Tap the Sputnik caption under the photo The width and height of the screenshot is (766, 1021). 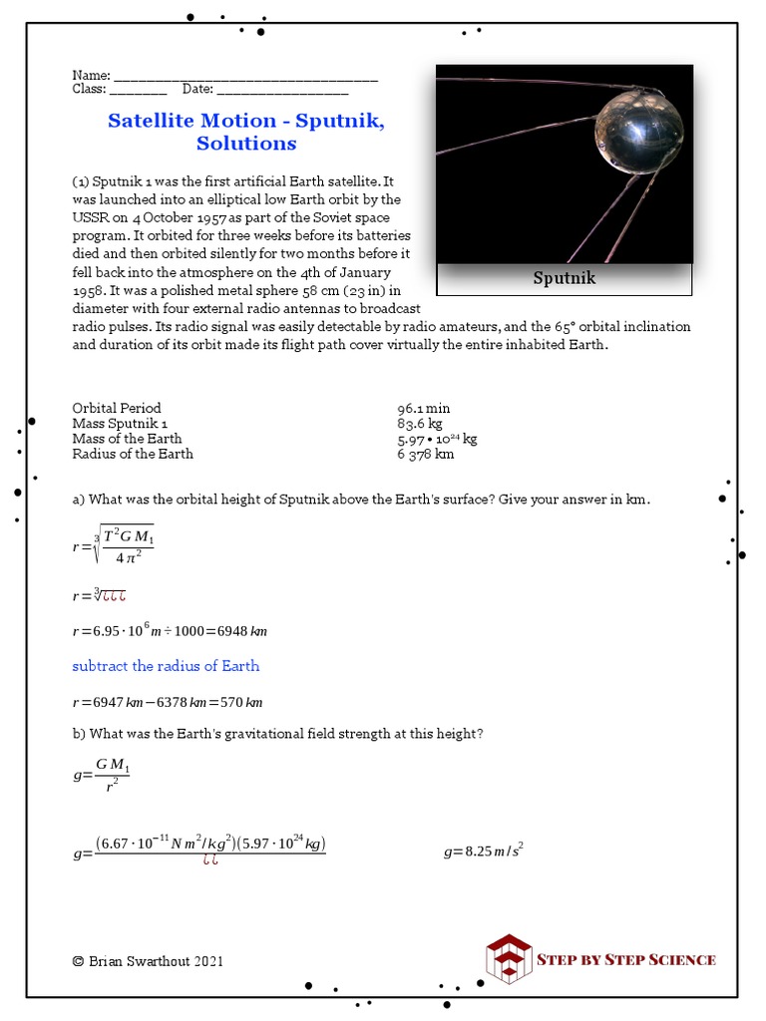coord(564,278)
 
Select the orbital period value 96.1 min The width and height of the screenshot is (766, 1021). coord(424,408)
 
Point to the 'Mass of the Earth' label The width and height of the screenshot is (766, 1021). coord(128,439)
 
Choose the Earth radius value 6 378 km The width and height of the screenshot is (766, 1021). coord(426,454)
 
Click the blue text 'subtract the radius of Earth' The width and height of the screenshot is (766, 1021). coord(166,666)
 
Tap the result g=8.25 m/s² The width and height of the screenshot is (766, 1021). coord(484,851)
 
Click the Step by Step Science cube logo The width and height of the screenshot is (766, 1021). coord(508,959)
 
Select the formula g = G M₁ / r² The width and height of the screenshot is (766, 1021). coord(102,774)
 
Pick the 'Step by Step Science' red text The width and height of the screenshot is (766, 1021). coord(626,959)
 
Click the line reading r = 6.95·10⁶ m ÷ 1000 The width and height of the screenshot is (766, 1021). coord(170,631)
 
